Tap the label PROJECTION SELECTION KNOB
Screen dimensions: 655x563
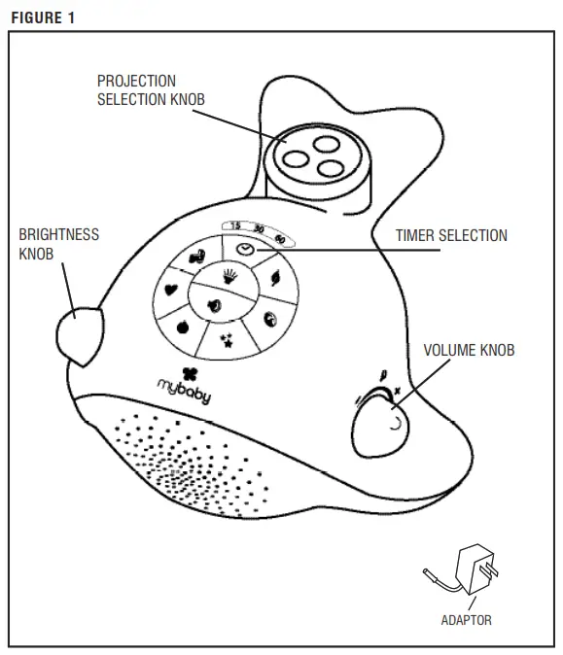pyautogui.click(x=150, y=89)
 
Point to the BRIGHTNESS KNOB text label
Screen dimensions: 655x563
pyautogui.click(x=58, y=243)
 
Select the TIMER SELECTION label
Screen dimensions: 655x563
pyautogui.click(x=450, y=235)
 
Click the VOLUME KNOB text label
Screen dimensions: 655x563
pyautogui.click(x=469, y=351)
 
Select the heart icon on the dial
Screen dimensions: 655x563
pyautogui.click(x=169, y=289)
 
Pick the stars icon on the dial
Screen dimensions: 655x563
pyautogui.click(x=227, y=339)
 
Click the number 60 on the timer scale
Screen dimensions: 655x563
pyautogui.click(x=279, y=238)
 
